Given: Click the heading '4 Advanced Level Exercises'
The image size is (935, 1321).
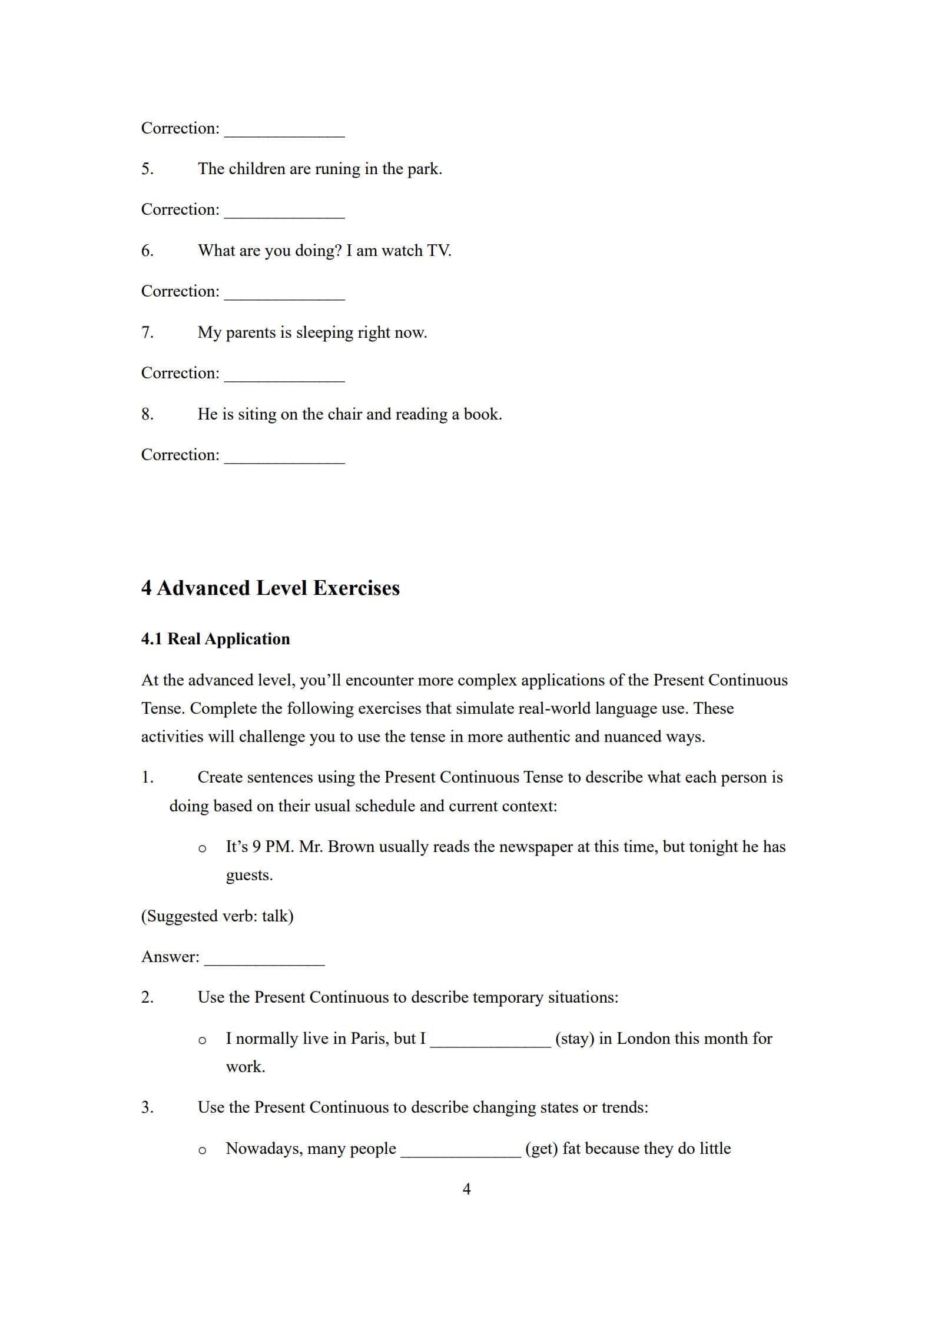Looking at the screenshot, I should point(270,588).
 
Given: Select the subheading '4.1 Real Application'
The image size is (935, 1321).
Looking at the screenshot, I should point(215,639).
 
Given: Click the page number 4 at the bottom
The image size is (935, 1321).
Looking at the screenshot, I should point(466,1189).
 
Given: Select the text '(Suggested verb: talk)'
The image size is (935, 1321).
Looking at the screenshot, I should point(217,916).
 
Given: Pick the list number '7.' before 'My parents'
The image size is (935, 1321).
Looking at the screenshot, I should point(147,332).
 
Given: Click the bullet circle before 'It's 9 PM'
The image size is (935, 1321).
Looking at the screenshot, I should point(202,848).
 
